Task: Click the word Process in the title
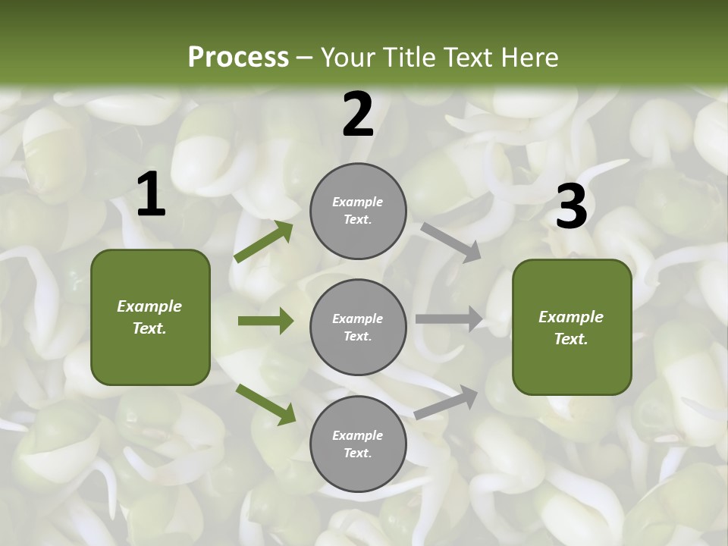238,57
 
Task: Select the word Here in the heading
529,57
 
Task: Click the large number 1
151,195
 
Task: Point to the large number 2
358,115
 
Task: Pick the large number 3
571,206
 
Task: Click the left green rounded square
150,317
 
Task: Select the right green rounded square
572,327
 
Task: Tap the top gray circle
358,211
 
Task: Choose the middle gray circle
358,327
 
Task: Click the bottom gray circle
358,444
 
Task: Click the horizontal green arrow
265,321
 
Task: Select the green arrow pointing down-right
265,403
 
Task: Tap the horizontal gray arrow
449,319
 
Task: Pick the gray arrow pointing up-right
446,402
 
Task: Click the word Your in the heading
347,57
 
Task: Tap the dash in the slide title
304,58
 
